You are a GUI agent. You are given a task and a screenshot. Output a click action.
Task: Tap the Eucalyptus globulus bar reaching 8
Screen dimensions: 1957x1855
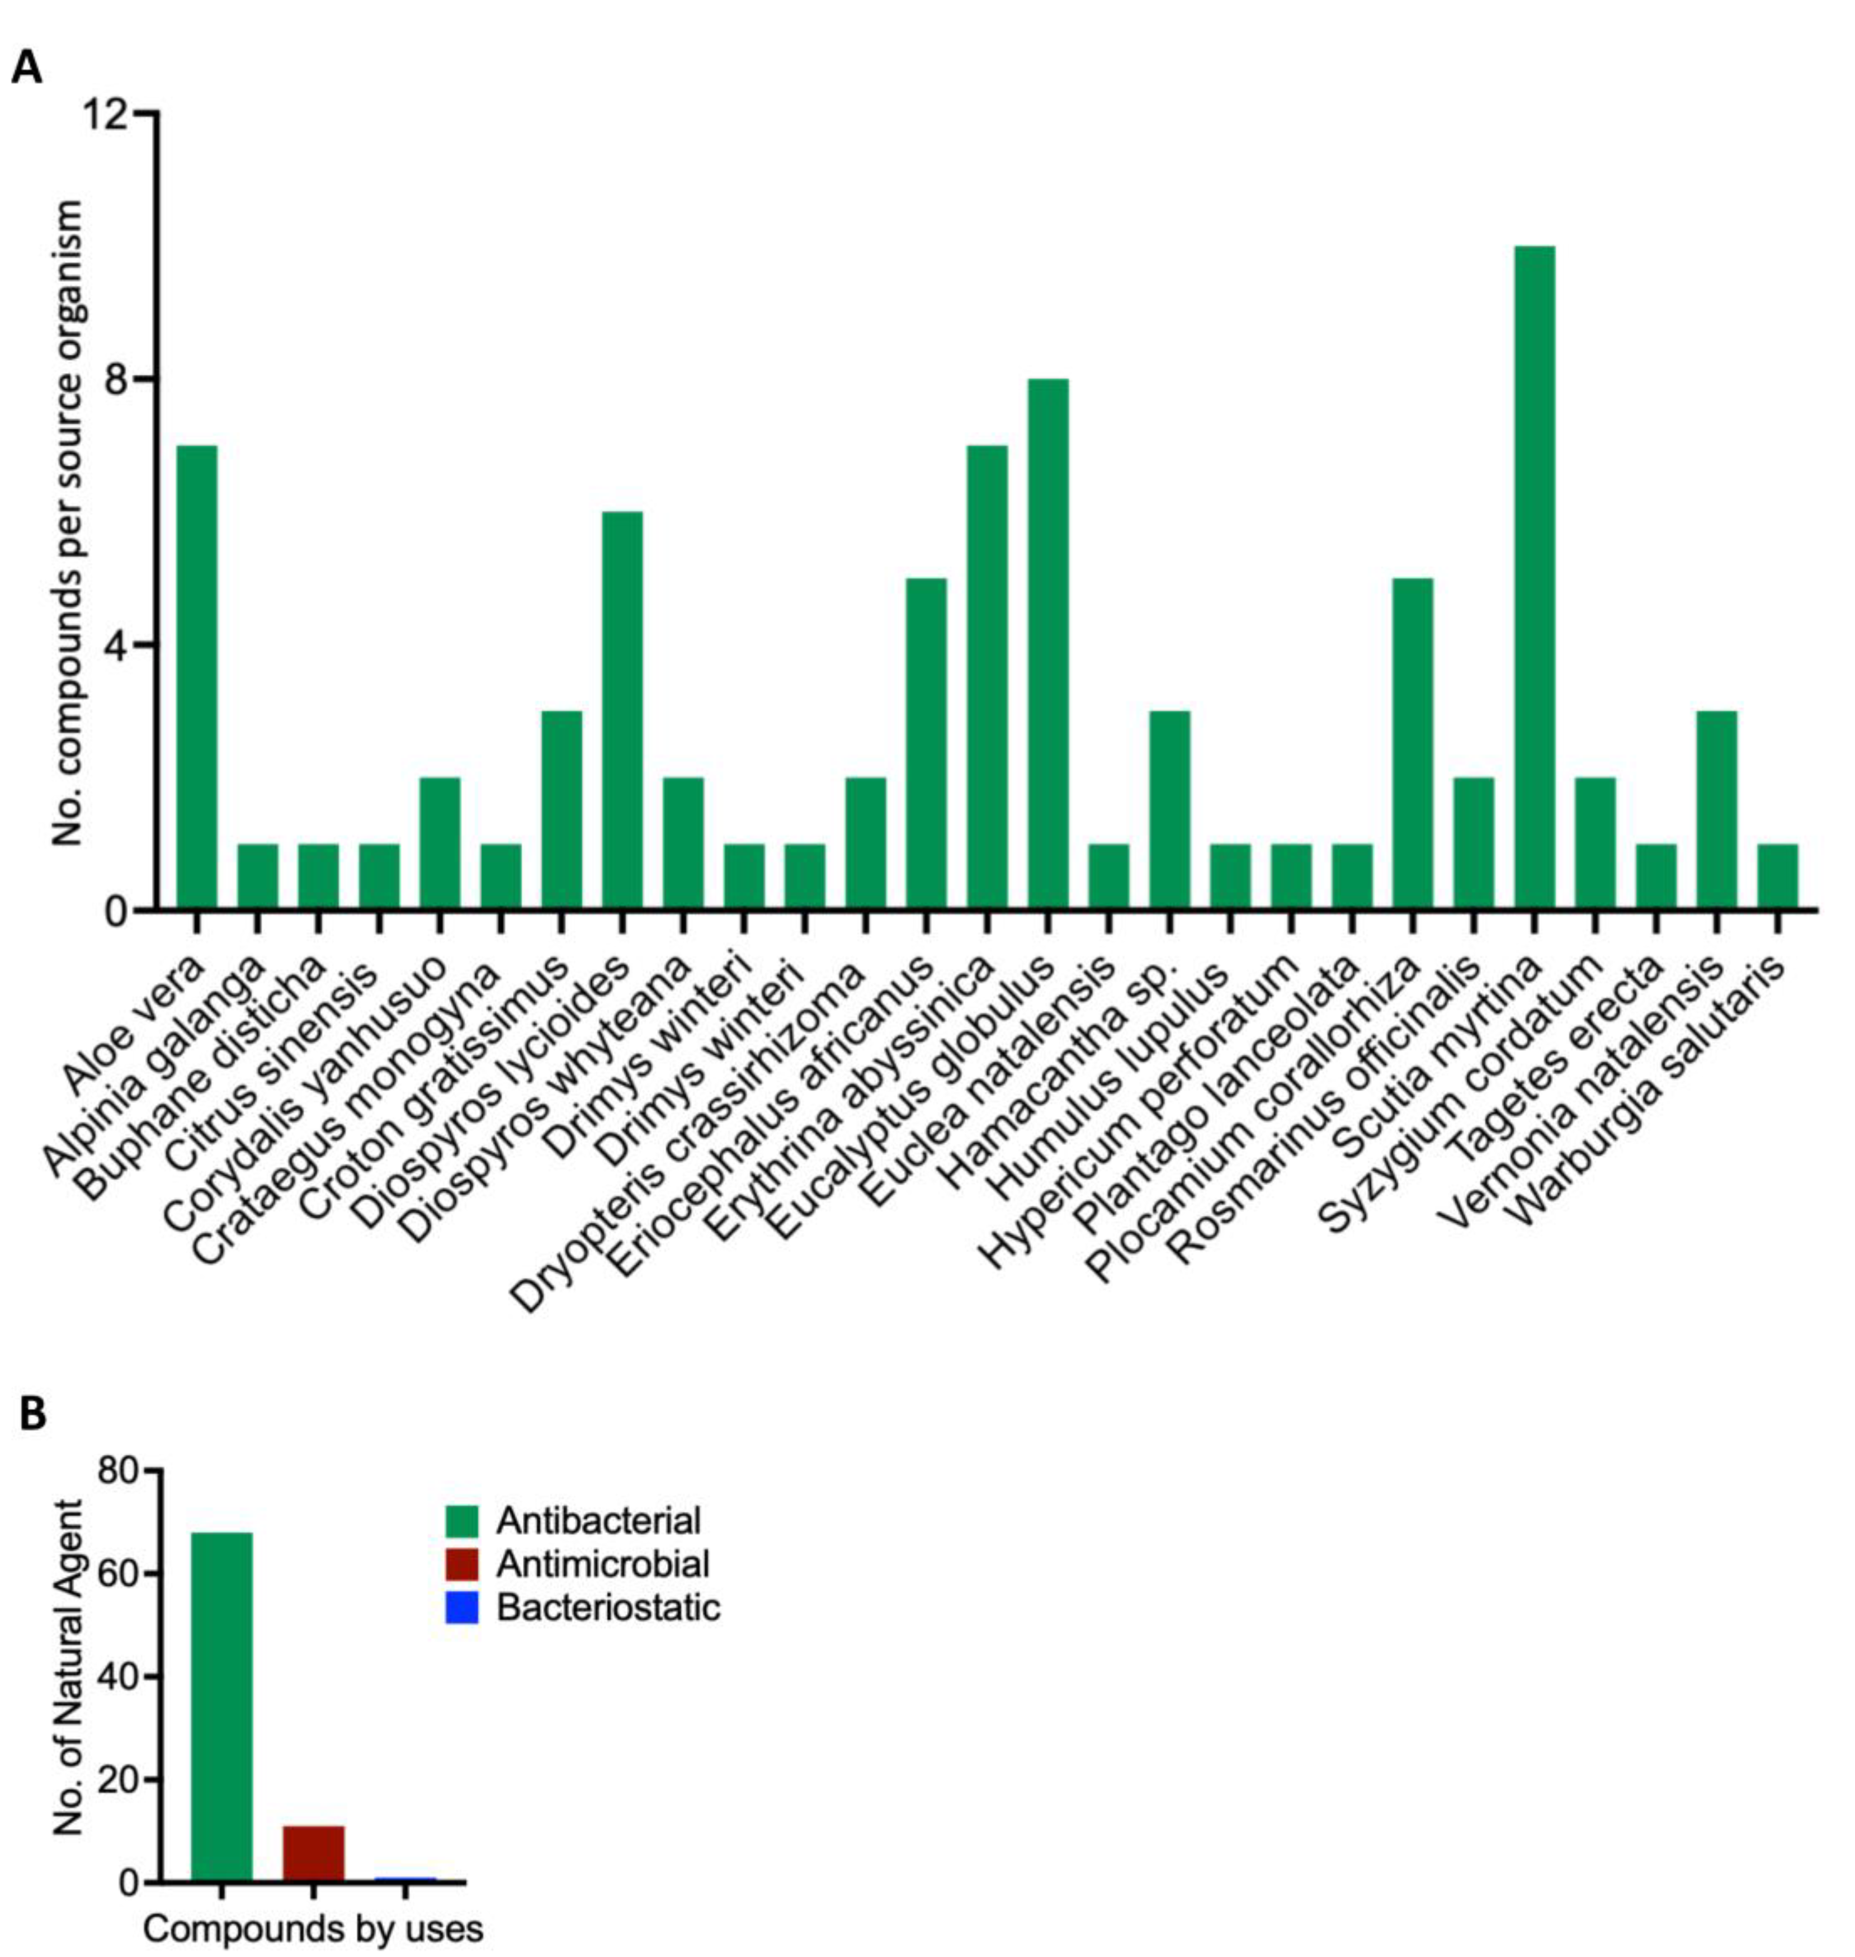[1047, 643]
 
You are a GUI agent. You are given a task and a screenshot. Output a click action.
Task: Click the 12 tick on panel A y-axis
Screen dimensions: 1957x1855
[108, 115]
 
